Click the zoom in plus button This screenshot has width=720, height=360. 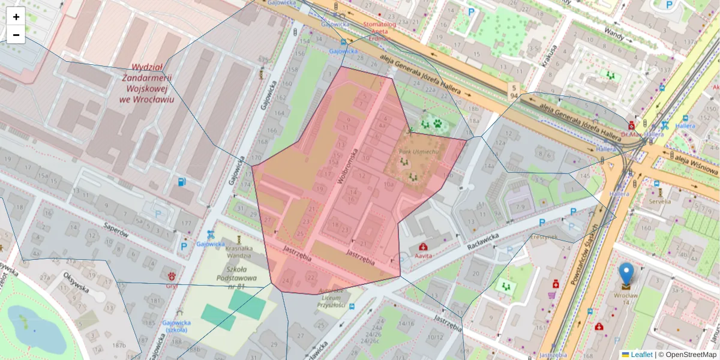[x=16, y=17]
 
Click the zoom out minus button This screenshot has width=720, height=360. [x=16, y=35]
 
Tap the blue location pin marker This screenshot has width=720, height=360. [x=626, y=274]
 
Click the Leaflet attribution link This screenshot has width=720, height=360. [x=641, y=355]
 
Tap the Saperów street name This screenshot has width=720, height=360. [x=116, y=229]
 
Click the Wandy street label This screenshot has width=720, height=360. [x=614, y=32]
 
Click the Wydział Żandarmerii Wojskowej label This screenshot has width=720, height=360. [x=147, y=83]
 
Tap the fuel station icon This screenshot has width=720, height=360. [x=182, y=181]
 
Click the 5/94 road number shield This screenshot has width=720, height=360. [x=514, y=91]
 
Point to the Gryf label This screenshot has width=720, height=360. [x=172, y=286]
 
